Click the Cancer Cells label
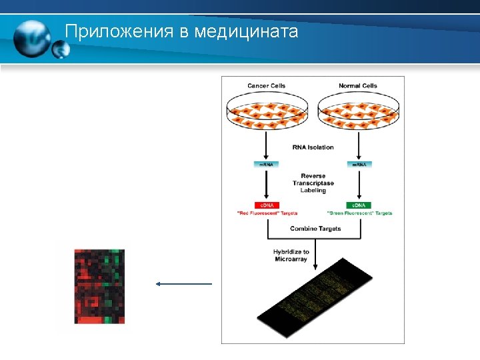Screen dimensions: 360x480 click(267, 85)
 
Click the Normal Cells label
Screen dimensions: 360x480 click(358, 85)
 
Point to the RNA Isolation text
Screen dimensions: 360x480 click(313, 147)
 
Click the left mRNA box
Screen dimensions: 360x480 click(267, 164)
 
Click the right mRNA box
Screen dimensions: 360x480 click(359, 164)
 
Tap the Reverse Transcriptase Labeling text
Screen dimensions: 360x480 click(313, 183)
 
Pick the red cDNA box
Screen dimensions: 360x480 click(267, 205)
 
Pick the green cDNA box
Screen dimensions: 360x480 click(359, 205)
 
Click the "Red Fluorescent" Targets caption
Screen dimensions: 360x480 click(267, 213)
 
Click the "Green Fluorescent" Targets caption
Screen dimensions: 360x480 click(360, 213)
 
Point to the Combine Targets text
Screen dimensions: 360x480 click(315, 229)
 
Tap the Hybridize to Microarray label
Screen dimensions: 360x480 click(291, 255)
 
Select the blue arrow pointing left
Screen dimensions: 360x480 click(183, 284)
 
